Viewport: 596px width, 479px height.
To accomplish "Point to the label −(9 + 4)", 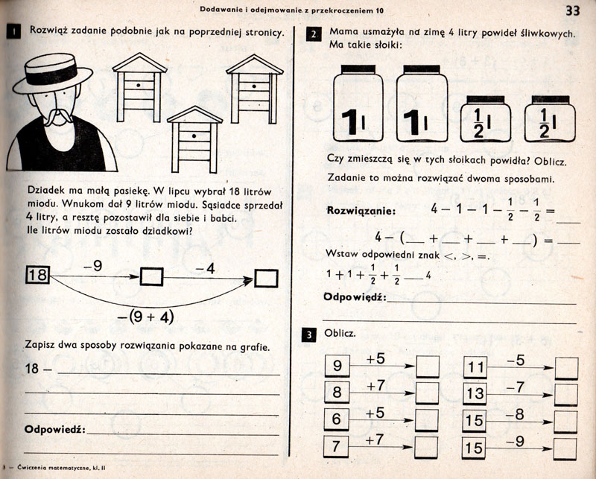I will (x=145, y=316).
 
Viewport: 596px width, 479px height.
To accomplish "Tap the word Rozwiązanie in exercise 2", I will (x=362, y=211).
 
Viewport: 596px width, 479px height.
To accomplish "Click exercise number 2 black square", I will (x=314, y=34).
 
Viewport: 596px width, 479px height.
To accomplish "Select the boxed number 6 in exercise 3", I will (x=337, y=419).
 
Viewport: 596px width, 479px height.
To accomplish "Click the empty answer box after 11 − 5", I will (x=566, y=367).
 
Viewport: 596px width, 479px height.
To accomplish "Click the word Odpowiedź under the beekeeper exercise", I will (x=56, y=430).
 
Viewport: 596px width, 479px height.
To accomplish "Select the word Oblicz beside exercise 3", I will (x=340, y=333).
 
